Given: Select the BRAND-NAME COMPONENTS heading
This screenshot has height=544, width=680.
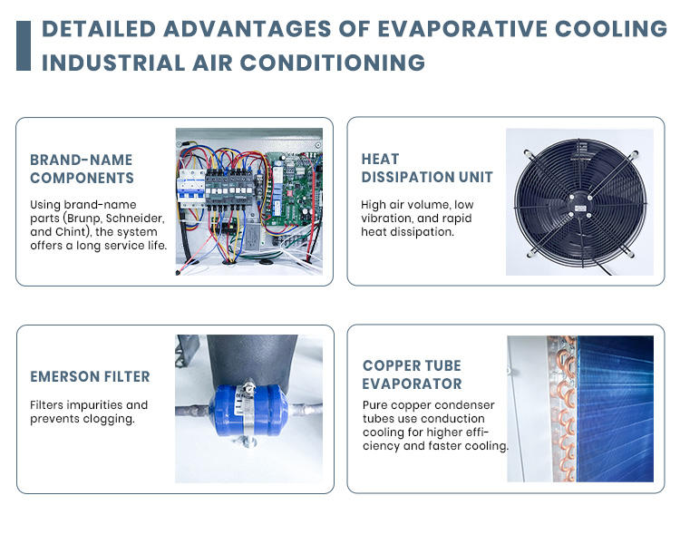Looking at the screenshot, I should (82, 169).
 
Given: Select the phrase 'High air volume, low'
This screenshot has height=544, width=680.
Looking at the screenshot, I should (417, 205).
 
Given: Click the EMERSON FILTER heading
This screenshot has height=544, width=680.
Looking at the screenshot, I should (90, 376).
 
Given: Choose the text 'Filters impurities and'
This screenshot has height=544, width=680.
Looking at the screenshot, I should (89, 404).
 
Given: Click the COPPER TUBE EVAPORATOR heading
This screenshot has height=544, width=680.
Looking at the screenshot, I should (412, 374).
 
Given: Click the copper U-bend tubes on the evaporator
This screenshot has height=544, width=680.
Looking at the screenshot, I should (564, 408).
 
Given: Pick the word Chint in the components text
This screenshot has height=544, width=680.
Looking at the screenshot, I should (75, 231).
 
